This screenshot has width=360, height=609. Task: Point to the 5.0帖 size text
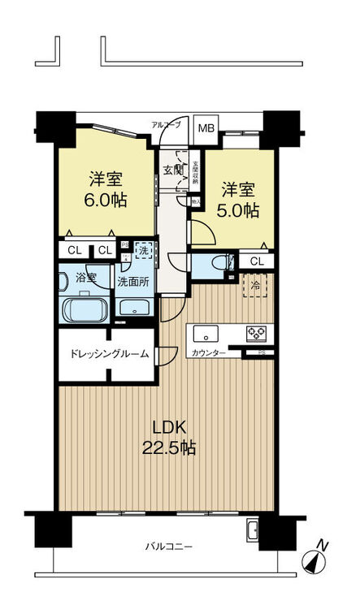pyautogui.click(x=241, y=210)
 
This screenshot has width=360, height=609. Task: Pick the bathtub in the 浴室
pyautogui.click(x=85, y=310)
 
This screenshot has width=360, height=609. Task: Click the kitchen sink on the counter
pyautogui.click(x=205, y=333)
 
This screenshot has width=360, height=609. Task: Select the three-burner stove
pyautogui.click(x=258, y=333)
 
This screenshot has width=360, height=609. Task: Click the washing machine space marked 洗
pyautogui.click(x=142, y=252)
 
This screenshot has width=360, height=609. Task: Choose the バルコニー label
pyautogui.click(x=169, y=546)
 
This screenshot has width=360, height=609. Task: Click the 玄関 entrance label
pyautogui.click(x=172, y=170)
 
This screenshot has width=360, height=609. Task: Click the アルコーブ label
pyautogui.click(x=166, y=124)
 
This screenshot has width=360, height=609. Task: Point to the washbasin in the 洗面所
pyautogui.click(x=132, y=308)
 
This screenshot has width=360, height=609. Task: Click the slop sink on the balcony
pyautogui.click(x=253, y=532)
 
